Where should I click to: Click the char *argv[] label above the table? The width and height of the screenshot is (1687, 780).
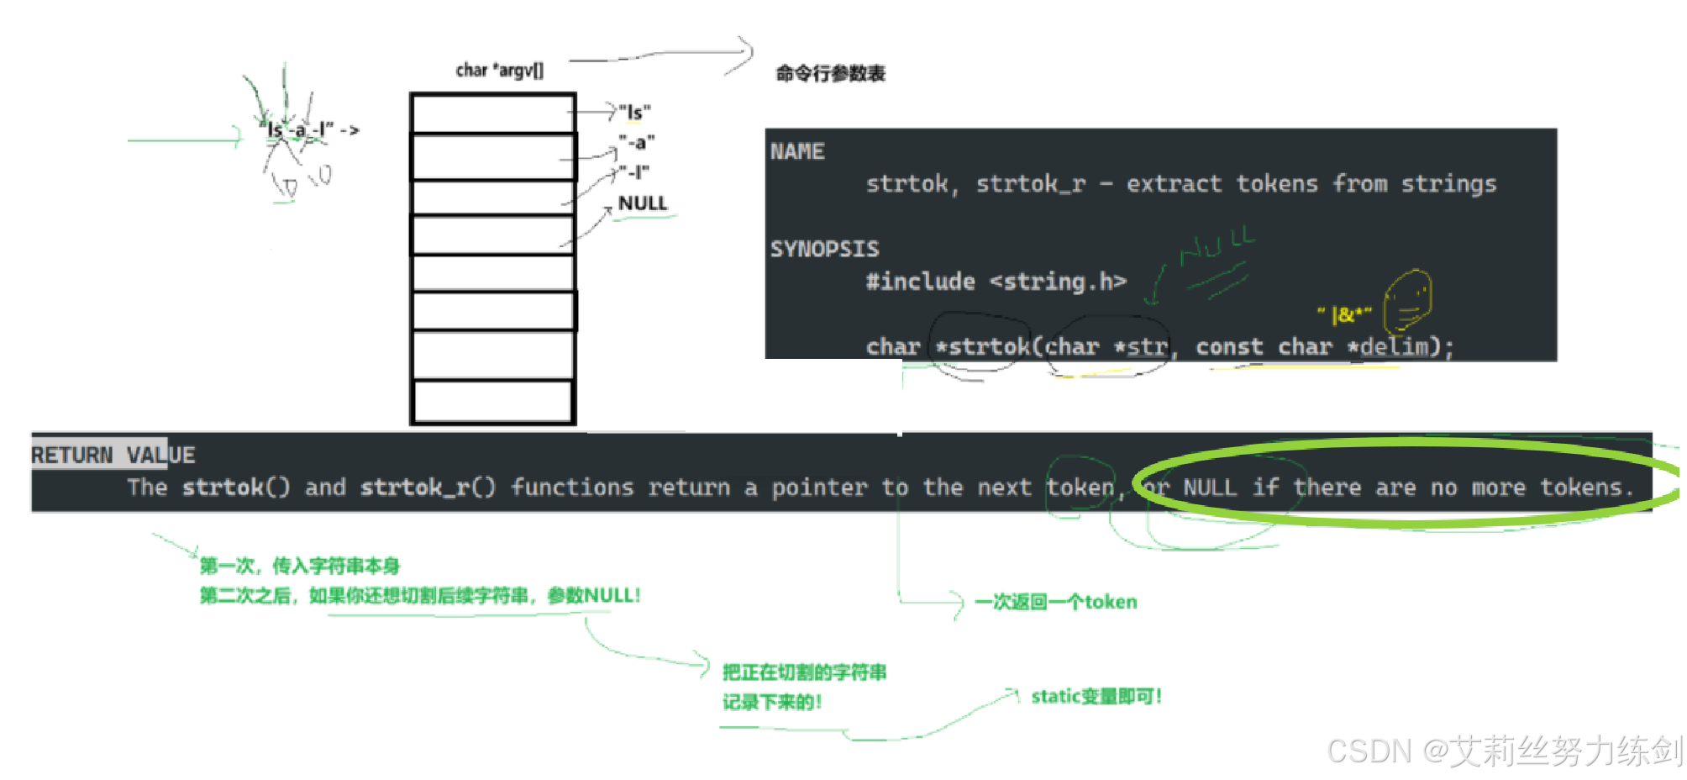(499, 71)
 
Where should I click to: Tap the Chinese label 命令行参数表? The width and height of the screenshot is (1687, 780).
(830, 74)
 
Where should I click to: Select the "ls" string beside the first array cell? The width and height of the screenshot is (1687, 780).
(634, 112)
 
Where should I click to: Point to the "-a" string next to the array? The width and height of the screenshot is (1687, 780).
(636, 142)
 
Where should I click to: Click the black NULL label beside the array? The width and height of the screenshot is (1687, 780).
(643, 203)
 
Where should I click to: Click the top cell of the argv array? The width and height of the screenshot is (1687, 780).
(493, 113)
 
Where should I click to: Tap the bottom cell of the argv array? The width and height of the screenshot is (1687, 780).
(493, 401)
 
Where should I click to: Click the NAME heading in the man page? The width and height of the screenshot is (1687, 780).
(797, 152)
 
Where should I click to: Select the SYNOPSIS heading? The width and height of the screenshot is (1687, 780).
(824, 250)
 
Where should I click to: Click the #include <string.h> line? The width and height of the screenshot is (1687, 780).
(996, 282)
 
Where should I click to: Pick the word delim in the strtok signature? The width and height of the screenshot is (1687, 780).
(1394, 346)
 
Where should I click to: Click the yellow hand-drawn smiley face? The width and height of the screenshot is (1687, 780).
(1408, 301)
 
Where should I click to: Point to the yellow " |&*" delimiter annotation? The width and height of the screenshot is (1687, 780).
(1344, 315)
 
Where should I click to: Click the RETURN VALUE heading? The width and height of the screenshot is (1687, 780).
(113, 456)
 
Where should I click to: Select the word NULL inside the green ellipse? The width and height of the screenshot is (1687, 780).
(1209, 487)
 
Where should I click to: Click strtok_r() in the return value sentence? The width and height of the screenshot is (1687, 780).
(428, 487)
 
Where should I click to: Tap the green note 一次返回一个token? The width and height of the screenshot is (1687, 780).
(1055, 602)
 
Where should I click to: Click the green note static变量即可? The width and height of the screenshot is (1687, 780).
(1096, 696)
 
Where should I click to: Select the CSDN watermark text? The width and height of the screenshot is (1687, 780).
(1504, 751)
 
